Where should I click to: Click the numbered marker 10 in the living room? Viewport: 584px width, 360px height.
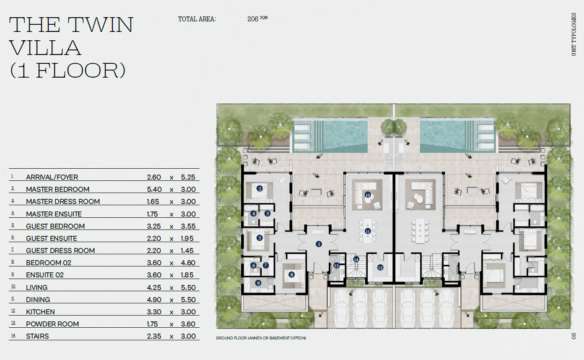click(368, 195)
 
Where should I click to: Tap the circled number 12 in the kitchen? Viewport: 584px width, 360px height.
click(380, 267)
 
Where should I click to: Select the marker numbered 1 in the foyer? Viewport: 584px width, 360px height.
click(319, 244)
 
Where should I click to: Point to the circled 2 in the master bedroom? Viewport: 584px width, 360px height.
click(260, 188)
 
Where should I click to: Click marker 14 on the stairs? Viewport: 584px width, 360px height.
click(356, 259)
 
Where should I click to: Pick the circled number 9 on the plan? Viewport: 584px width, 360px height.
click(258, 283)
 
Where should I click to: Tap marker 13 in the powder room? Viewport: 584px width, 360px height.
click(336, 266)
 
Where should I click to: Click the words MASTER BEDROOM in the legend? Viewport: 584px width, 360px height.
click(57, 189)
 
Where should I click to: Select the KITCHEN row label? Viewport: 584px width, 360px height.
click(40, 312)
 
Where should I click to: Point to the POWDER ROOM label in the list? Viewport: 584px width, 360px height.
click(52, 324)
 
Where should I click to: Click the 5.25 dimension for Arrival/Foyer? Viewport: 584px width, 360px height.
click(188, 177)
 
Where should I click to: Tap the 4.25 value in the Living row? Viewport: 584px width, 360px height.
click(154, 287)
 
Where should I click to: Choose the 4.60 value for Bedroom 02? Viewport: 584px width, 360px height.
click(188, 263)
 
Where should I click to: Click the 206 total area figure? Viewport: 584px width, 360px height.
click(253, 19)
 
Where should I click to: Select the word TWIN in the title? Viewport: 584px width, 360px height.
click(101, 25)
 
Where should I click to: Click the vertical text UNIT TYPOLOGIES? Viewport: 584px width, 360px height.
click(574, 34)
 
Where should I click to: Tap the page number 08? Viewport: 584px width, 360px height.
click(574, 336)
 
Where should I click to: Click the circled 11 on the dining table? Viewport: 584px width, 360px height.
click(368, 231)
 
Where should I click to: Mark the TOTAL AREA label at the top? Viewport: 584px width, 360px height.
click(197, 19)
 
